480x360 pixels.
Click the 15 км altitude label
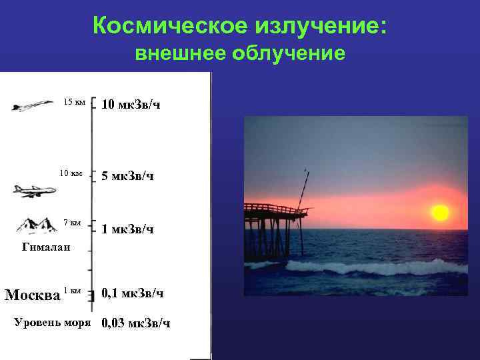coord(74,102)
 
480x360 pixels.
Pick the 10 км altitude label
coord(71,173)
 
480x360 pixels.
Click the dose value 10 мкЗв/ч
coord(131,105)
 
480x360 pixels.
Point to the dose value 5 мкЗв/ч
coord(127,177)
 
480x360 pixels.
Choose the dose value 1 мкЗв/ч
coord(127,229)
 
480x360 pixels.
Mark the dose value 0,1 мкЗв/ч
coord(133,293)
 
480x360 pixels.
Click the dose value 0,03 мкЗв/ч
coord(135,323)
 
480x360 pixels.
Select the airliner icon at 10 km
coord(33,191)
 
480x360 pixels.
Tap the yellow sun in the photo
coord(440,213)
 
